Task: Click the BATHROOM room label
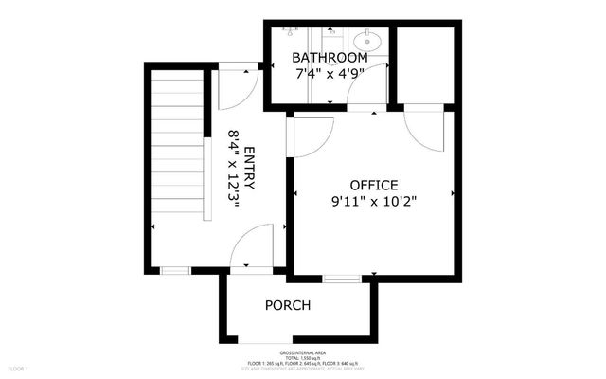point(329,58)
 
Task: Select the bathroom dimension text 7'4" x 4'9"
point(329,73)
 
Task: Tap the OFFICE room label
point(374,185)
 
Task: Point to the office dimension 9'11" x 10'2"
point(374,201)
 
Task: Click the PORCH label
point(288,305)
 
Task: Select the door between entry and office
point(311,137)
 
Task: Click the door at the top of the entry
point(234,87)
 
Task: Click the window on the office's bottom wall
point(341,278)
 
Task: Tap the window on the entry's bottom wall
point(173,271)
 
